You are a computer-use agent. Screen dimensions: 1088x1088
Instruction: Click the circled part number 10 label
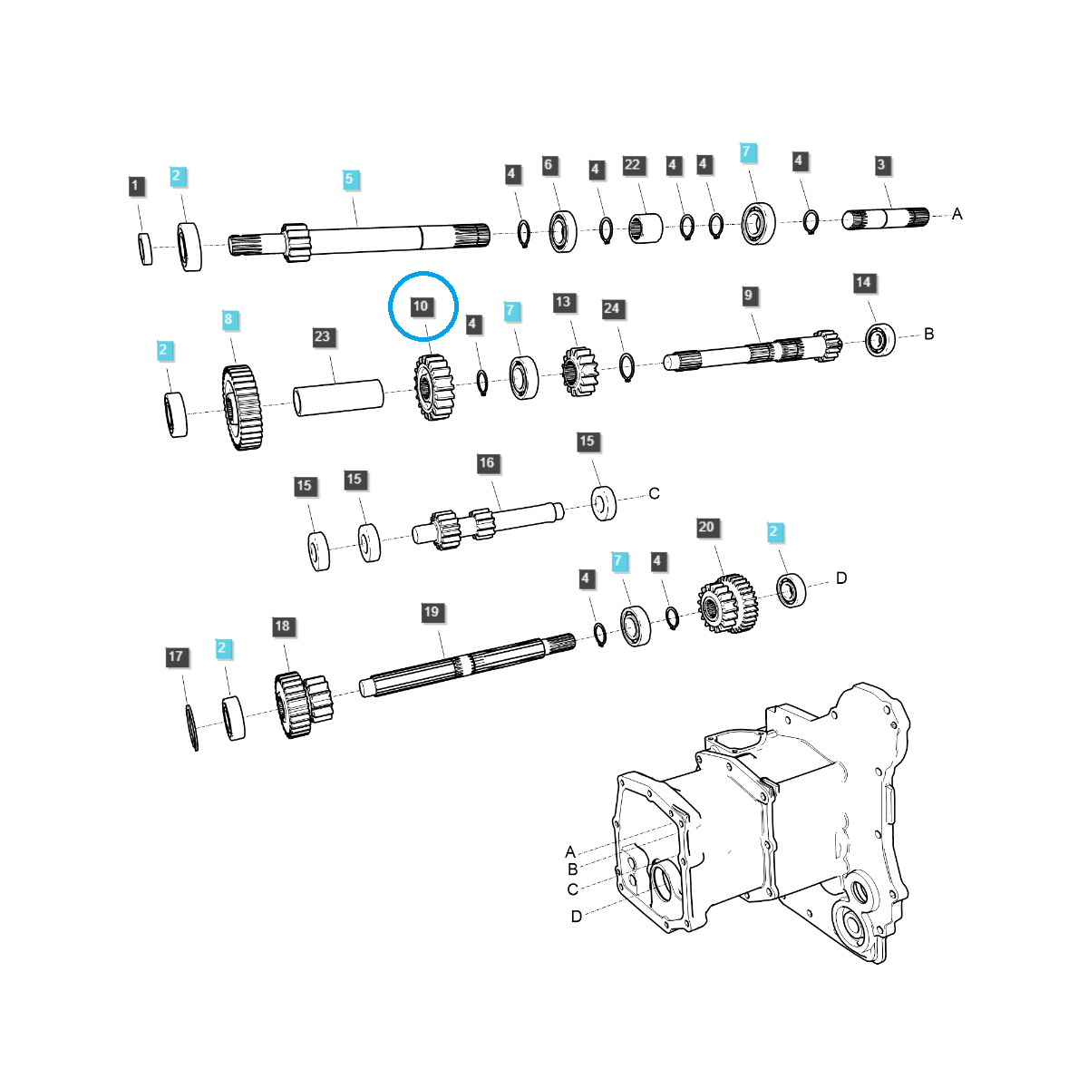click(x=421, y=306)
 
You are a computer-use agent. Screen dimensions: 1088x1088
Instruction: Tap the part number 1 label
click(x=136, y=187)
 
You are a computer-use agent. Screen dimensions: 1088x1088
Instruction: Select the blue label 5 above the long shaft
click(x=350, y=180)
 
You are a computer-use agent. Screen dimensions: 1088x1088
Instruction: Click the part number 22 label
click(x=633, y=165)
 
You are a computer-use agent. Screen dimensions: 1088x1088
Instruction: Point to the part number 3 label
click(x=881, y=165)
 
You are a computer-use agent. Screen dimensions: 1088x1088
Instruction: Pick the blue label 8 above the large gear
click(x=228, y=319)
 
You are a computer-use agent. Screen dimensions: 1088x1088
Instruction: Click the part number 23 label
click(x=323, y=336)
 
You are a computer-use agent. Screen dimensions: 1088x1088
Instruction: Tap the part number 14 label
click(x=863, y=283)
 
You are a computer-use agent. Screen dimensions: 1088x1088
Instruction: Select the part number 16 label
click(x=487, y=463)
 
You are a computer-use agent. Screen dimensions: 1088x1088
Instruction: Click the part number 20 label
click(x=706, y=528)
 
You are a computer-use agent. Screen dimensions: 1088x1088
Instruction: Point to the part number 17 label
click(x=176, y=656)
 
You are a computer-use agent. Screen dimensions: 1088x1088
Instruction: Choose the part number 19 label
click(x=432, y=612)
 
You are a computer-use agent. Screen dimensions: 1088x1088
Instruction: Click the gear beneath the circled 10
click(x=433, y=386)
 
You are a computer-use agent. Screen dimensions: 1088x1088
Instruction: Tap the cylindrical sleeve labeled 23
click(x=337, y=397)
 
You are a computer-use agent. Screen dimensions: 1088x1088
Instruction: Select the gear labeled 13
click(x=578, y=371)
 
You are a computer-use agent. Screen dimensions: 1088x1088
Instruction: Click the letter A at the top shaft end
click(x=957, y=215)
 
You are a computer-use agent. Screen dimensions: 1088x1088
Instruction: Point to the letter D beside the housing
click(x=577, y=917)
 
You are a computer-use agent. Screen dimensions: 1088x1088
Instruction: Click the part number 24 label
click(x=612, y=309)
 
